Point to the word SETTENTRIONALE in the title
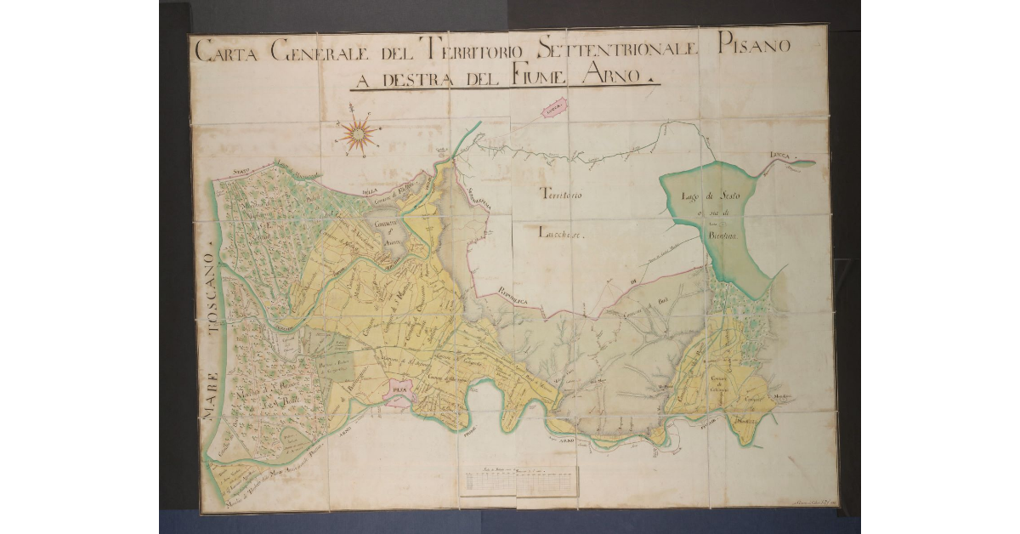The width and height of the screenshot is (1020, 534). point(610,50)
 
